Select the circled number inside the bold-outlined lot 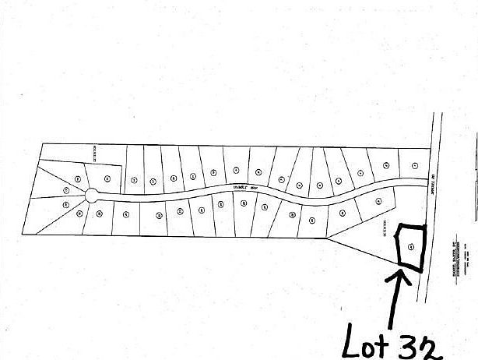coord(410,247)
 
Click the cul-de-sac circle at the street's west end coord(92,195)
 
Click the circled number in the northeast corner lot coord(415,164)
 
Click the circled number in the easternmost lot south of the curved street coord(378,202)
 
